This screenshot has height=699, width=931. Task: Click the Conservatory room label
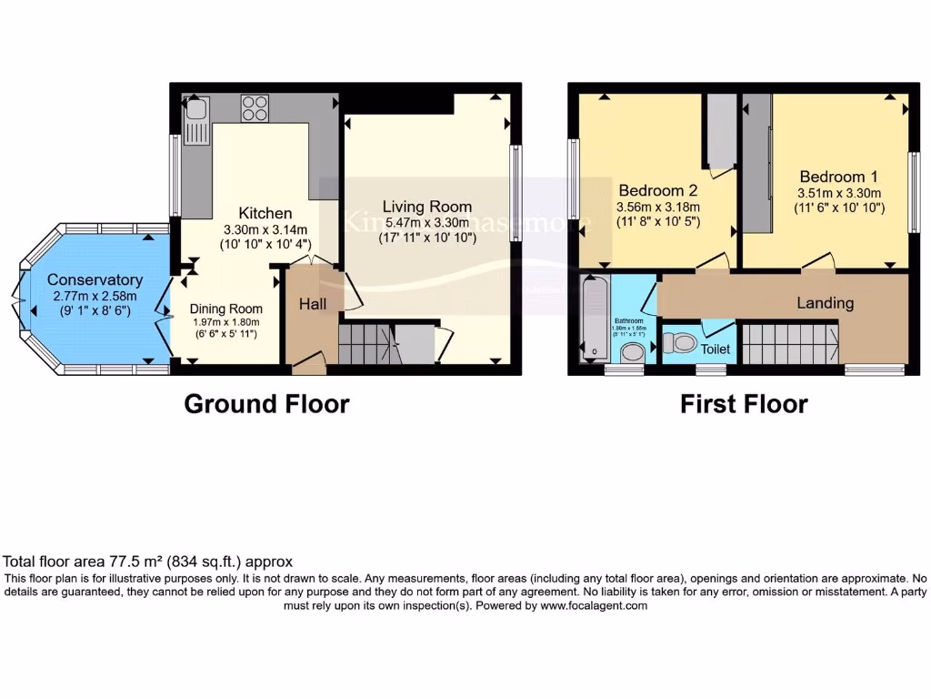coord(95,279)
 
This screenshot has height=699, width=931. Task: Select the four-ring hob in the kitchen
coord(254,109)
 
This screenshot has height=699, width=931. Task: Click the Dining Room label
coord(225,309)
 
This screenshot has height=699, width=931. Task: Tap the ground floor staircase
coord(367,345)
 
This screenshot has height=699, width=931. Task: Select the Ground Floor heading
coord(266,403)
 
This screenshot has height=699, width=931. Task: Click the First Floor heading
coord(744,403)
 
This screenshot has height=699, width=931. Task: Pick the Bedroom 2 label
coord(657,190)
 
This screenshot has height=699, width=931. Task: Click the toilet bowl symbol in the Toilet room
coord(680,343)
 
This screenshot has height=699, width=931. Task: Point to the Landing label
coord(825,302)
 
